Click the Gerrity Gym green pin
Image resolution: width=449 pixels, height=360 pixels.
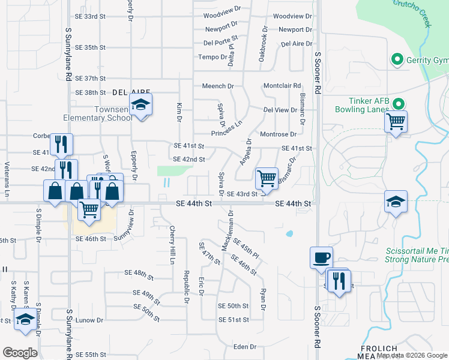pos(396,60)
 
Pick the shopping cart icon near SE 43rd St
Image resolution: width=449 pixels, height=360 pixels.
pos(266,178)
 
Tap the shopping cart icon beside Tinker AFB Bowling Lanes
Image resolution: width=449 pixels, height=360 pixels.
pos(396,122)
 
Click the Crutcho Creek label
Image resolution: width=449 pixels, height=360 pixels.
pos(412,13)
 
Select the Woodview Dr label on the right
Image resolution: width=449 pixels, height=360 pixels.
pos(292,16)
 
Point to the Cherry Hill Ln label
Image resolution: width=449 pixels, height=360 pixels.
pos(172,244)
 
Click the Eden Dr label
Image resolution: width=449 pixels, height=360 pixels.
pos(244,347)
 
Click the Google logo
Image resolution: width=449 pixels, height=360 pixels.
pos(20,352)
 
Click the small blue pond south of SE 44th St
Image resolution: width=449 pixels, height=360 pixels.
pos(290,233)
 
